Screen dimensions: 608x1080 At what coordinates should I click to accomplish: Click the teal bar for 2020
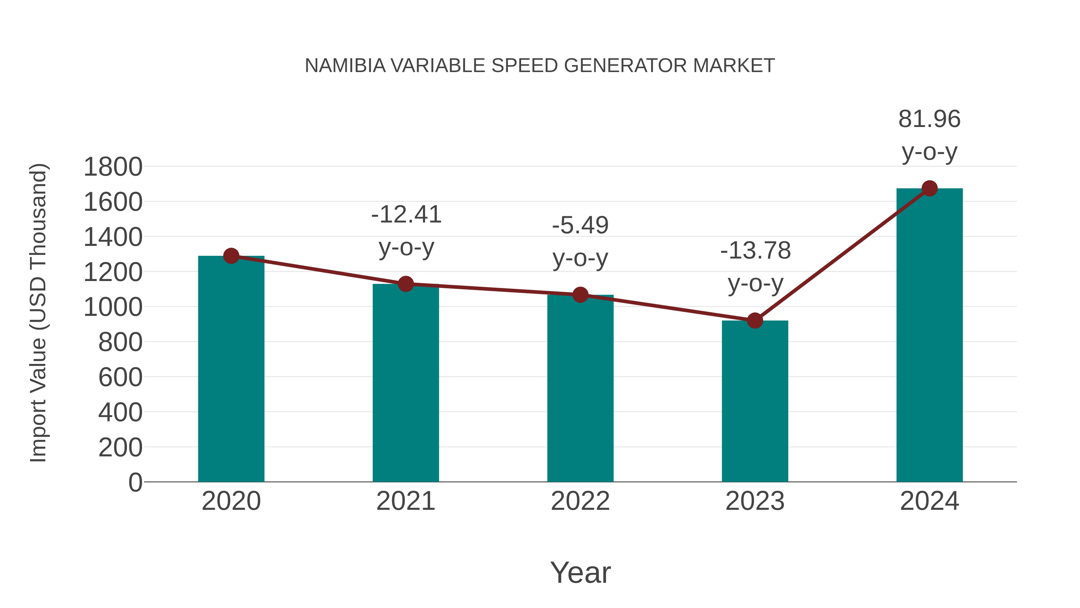point(231,369)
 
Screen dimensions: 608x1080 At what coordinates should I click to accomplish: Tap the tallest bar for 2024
point(929,336)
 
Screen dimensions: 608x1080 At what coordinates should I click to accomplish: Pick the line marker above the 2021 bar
point(405,284)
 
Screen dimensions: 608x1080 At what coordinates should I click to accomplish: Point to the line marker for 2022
point(580,295)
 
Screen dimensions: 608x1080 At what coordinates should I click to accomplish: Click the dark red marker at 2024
point(929,188)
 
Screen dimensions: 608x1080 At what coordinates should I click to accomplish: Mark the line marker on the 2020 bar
point(231,256)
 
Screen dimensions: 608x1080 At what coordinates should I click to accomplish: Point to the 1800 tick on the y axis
point(113,167)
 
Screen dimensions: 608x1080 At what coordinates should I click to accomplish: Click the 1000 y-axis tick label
point(113,307)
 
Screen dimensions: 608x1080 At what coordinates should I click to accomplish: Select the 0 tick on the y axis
point(135,482)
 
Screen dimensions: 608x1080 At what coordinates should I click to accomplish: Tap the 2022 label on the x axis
point(580,501)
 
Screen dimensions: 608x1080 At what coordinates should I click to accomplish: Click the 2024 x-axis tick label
point(929,501)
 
